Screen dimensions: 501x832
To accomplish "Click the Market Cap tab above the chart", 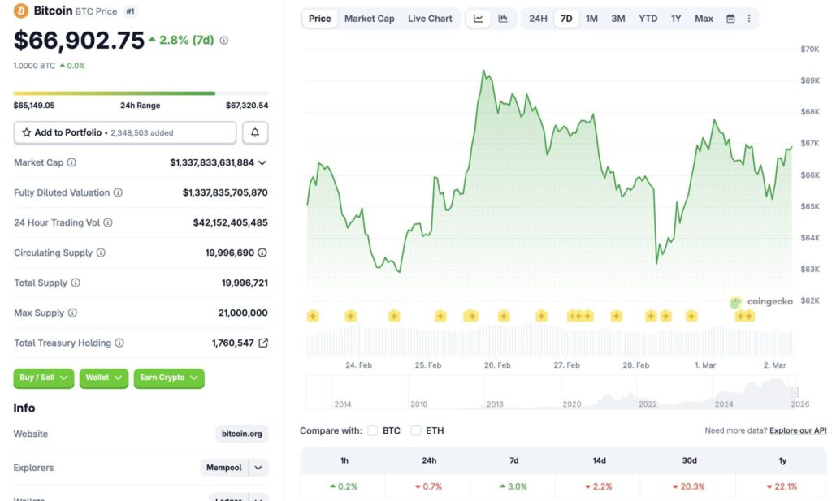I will point(369,19).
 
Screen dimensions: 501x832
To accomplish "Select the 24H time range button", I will point(538,19).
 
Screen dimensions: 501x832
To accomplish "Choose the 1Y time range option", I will point(676,19).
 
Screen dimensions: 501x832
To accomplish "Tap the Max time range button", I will point(704,19).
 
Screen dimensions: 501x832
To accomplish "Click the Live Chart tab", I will point(430,19).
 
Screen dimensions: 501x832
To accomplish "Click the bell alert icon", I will point(255,132).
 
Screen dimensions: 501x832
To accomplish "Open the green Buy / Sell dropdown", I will point(44,378).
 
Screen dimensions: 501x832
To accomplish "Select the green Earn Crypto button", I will point(169,378).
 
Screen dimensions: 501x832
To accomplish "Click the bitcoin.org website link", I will point(242,434).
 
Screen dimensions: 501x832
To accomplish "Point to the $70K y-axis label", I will point(809,50).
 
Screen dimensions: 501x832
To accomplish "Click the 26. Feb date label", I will point(497,365).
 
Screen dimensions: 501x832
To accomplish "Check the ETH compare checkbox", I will point(416,430).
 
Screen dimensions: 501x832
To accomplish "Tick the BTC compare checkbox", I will point(373,430).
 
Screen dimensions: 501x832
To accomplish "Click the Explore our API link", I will point(798,430).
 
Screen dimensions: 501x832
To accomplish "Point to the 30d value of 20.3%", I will point(689,486).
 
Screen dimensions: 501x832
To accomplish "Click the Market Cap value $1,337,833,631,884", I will point(212,162).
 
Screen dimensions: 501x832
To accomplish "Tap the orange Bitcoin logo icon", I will point(21,11).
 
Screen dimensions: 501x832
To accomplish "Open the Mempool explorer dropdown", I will point(234,468).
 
